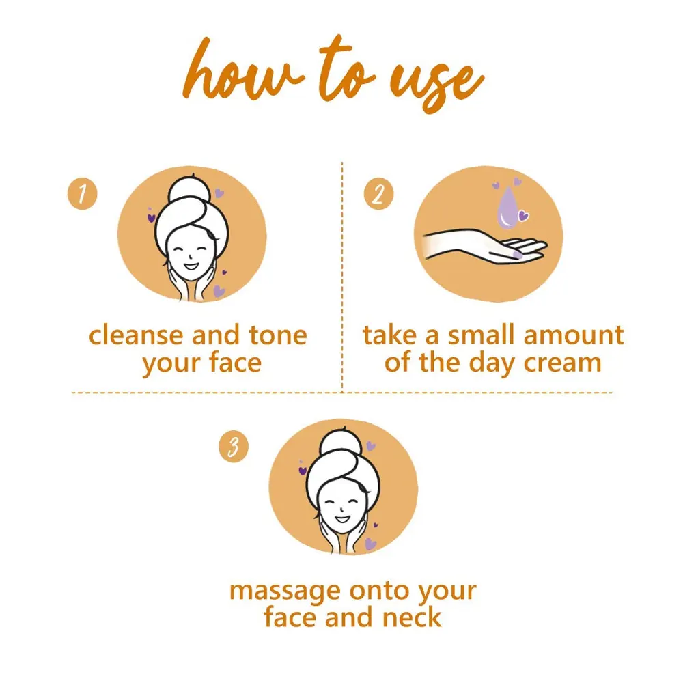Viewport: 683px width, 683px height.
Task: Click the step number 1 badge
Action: [83, 194]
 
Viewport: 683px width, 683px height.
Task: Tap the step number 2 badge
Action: [378, 194]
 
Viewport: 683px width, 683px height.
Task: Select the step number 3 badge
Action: [234, 447]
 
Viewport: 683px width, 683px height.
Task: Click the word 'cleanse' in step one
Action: [137, 335]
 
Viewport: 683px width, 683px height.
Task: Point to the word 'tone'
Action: [278, 336]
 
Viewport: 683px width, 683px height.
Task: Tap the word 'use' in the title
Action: [436, 85]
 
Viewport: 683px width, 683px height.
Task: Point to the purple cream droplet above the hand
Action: [507, 208]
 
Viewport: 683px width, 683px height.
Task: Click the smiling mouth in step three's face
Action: [342, 519]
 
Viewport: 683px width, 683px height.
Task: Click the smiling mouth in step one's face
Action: [191, 266]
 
